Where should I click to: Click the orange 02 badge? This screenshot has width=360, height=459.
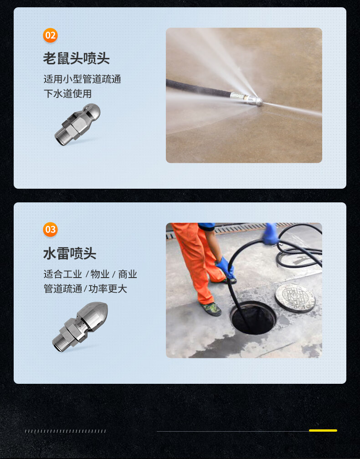pyautogui.click(x=50, y=36)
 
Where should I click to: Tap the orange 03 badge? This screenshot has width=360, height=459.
pyautogui.click(x=50, y=230)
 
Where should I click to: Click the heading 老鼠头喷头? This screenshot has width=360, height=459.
pyautogui.click(x=77, y=58)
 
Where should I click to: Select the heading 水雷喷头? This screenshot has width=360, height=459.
pyautogui.click(x=70, y=253)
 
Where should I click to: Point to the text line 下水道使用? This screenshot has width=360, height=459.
pyautogui.click(x=67, y=94)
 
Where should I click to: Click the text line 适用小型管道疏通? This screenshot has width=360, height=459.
pyautogui.click(x=82, y=79)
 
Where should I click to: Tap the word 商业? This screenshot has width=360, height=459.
pyautogui.click(x=128, y=274)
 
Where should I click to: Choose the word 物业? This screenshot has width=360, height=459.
pyautogui.click(x=100, y=274)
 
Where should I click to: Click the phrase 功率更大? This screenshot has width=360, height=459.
pyautogui.click(x=108, y=289)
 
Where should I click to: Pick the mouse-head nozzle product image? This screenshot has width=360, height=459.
pyautogui.click(x=77, y=124)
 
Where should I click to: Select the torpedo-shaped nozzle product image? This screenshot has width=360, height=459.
pyautogui.click(x=80, y=326)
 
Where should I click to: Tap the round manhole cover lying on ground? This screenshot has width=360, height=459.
pyautogui.click(x=295, y=298)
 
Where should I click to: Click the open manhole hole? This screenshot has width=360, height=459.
pyautogui.click(x=253, y=318)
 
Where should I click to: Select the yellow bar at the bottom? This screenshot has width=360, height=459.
pyautogui.click(x=323, y=430)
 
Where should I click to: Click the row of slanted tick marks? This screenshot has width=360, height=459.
pyautogui.click(x=65, y=431)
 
